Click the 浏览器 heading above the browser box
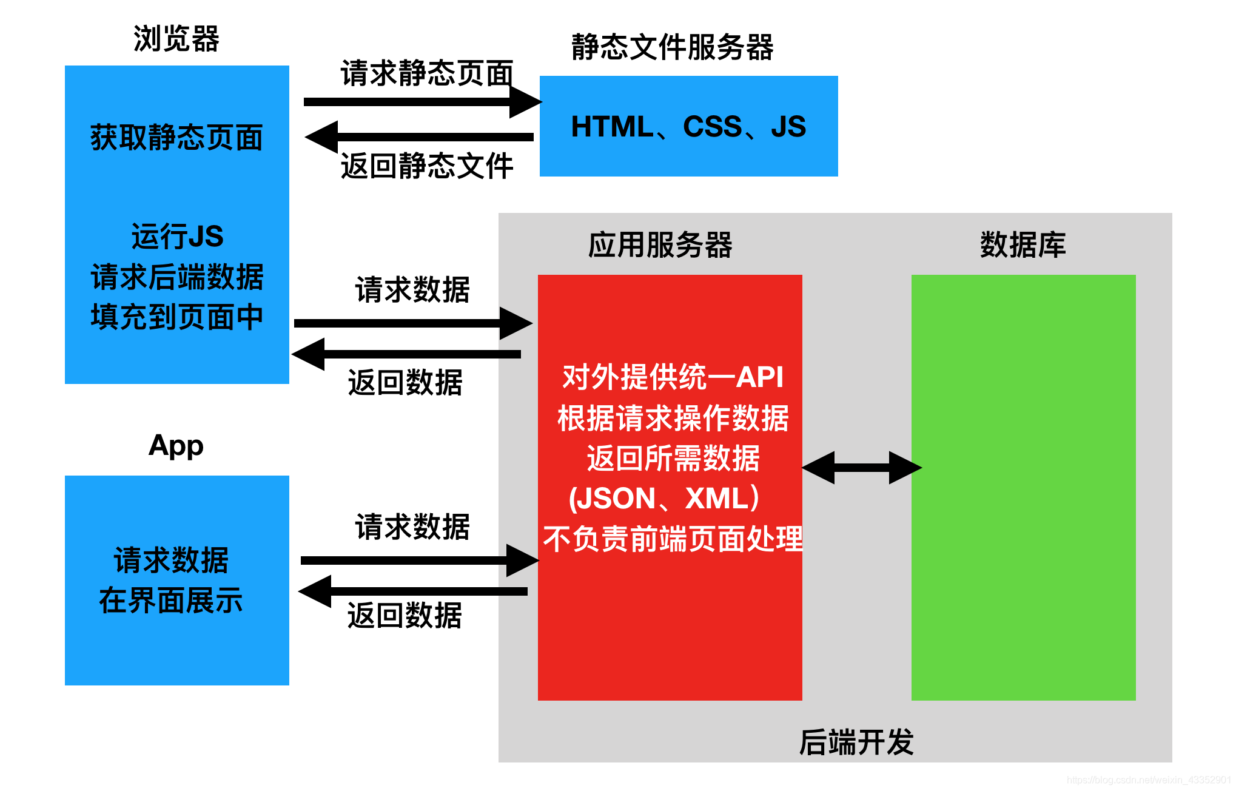tap(176, 39)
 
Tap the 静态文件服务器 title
tap(672, 47)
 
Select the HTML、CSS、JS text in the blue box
tap(688, 127)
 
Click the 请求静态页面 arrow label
tap(427, 73)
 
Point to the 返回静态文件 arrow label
tap(427, 166)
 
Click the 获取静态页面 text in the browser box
tap(176, 137)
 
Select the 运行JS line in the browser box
tap(177, 236)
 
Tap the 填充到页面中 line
tap(176, 317)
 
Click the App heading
tap(176, 445)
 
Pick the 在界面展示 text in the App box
tap(171, 601)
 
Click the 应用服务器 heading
tap(660, 245)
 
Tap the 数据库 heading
tap(1023, 245)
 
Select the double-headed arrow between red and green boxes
tap(861, 468)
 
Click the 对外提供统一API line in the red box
tap(672, 377)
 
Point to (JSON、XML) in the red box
tap(665, 498)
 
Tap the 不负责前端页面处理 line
tap(672, 539)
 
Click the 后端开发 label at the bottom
tap(856, 742)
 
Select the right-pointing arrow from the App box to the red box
tap(418, 560)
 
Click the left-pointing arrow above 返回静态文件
tap(418, 137)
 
